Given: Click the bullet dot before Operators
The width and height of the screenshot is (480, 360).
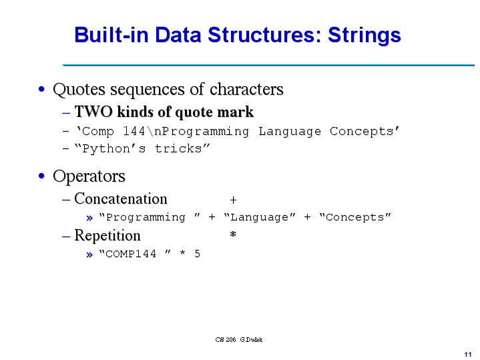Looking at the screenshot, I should (x=42, y=177).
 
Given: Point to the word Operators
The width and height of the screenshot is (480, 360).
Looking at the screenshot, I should (x=89, y=176).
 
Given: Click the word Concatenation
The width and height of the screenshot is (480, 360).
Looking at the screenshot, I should (x=121, y=199).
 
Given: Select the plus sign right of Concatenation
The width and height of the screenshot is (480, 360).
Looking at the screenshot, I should (x=233, y=200).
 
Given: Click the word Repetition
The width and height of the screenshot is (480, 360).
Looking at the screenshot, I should (x=107, y=236).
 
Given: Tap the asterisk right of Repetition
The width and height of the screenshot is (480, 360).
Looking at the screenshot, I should (x=233, y=235).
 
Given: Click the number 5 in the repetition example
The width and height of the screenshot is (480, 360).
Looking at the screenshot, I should (x=197, y=254).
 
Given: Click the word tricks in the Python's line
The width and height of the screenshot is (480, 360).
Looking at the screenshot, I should (x=180, y=148).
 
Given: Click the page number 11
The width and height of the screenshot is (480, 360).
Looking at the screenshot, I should (x=467, y=353).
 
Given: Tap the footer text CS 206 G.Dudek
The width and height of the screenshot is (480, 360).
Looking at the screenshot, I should (x=239, y=340).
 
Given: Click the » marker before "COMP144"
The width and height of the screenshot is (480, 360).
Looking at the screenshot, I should (x=90, y=254).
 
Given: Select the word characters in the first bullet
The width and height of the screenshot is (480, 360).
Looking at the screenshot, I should (x=246, y=89).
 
